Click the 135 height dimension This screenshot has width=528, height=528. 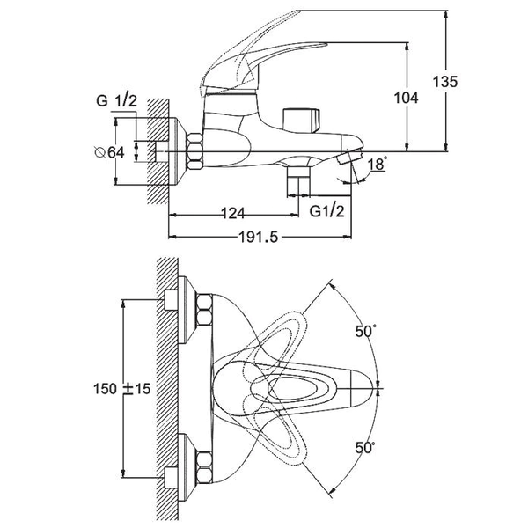pos(444,82)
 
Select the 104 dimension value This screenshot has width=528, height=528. pos(406,98)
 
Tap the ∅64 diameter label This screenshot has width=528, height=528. pos(109,152)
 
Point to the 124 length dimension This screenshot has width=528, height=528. pos(233,214)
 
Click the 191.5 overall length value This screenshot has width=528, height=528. pos(258,238)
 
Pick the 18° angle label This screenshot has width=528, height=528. pos(378,164)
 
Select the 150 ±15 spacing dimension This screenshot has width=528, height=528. pos(122,389)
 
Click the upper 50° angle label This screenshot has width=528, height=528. pos(365,332)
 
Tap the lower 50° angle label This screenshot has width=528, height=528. pos(365,448)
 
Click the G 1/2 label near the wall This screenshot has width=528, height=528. pos(117,100)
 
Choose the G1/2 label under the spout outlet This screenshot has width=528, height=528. pos(327,211)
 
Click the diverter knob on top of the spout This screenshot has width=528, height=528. pos(301,121)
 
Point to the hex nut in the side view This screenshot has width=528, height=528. pos(195,150)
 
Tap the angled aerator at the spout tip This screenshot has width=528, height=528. pos(350,157)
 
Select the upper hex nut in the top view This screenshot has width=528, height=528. pos(204,310)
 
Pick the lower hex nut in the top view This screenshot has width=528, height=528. pos(204,468)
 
